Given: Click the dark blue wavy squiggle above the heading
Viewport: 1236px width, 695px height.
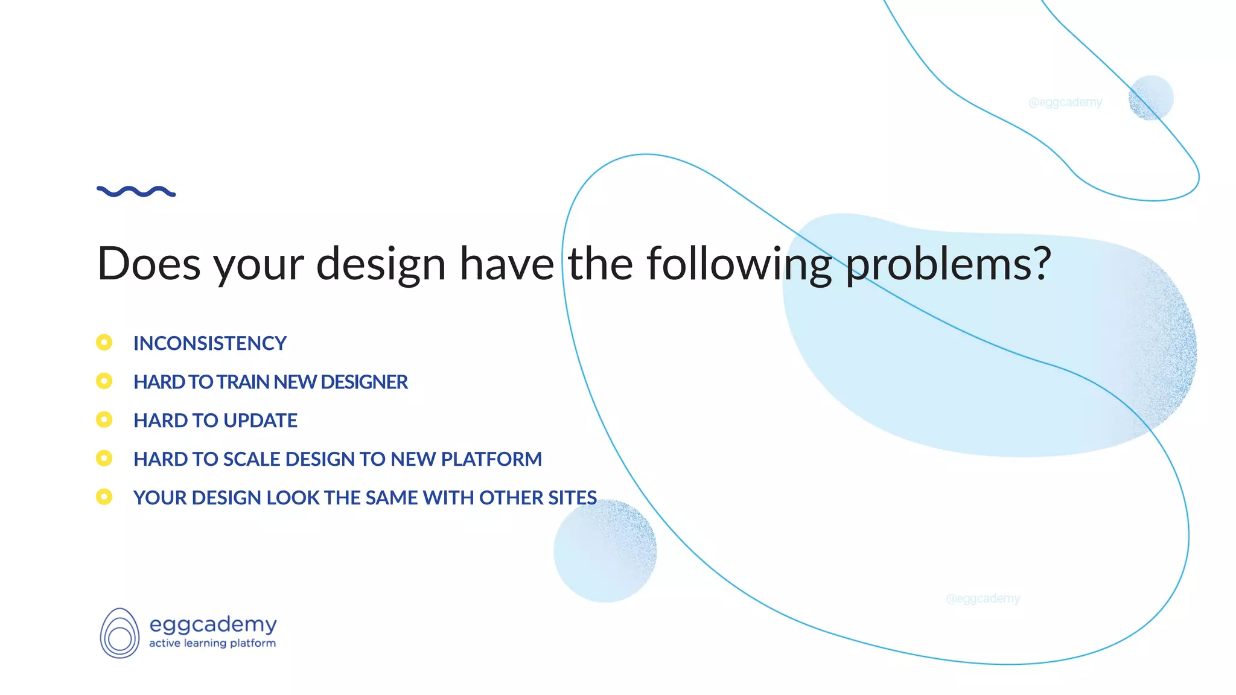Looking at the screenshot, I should tap(136, 192).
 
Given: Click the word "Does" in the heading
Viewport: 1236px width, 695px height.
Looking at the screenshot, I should tap(148, 264).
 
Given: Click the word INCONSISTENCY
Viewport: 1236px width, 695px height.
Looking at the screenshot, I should tap(209, 343).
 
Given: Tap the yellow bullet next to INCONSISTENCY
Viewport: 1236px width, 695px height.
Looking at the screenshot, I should tap(104, 343).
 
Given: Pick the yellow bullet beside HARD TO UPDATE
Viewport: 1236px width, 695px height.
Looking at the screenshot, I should tap(104, 420).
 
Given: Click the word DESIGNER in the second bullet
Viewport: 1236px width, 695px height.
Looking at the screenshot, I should tap(364, 382).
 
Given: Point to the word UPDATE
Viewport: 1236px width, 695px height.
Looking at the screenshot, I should tap(264, 420).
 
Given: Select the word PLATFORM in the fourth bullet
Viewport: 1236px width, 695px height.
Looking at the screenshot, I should tap(491, 459).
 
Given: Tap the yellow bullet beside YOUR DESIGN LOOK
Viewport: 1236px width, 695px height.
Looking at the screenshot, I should tap(104, 497).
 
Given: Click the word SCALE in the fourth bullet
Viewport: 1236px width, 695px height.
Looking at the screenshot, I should tap(251, 459).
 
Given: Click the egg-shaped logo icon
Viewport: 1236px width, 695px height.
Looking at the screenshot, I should tap(119, 633).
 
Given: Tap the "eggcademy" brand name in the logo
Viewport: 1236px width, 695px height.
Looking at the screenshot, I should tap(212, 624).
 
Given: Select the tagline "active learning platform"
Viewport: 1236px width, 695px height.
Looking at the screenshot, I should tap(212, 644).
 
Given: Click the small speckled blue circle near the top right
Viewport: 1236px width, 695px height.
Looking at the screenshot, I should tap(1151, 98).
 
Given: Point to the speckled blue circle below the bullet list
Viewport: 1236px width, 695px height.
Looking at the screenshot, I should tap(605, 551).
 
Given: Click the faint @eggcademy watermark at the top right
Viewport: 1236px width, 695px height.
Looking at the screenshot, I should tap(1065, 103).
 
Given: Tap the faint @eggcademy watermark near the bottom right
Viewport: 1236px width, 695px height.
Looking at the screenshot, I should tap(983, 598).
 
